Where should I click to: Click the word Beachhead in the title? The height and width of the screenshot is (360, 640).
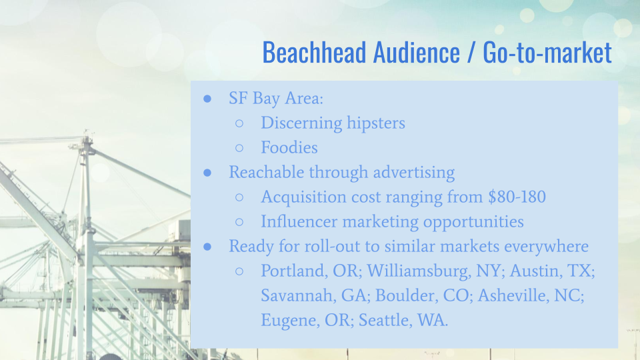coord(314,52)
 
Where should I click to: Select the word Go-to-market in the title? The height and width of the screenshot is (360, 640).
coord(547,52)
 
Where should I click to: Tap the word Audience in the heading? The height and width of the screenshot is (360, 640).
coord(416,52)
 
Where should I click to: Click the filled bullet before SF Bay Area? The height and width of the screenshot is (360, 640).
coord(207,99)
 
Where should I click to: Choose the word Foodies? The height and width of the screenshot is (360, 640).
coord(289,147)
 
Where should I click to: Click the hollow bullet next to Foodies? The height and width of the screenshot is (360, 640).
coord(239,148)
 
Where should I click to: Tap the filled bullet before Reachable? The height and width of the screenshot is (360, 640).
coord(207,173)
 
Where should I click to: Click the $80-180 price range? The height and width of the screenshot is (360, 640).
coord(517,197)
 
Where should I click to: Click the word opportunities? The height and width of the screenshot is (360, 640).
coord(473,222)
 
